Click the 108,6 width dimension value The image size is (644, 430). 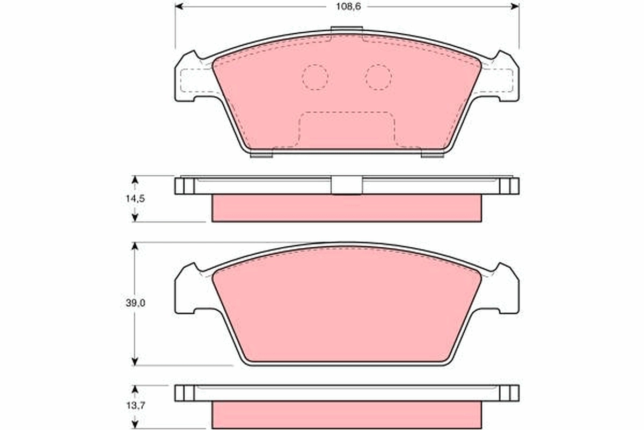coord(348,6)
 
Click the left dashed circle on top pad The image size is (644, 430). coord(315,77)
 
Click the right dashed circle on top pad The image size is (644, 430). coord(379,77)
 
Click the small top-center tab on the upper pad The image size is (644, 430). coord(347,32)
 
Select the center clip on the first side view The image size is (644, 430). coord(347,185)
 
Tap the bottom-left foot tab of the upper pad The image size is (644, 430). coord(262,155)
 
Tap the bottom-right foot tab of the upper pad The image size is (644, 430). coord(432,155)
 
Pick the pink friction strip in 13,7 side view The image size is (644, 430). coord(347,415)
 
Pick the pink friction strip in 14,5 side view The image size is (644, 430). coord(347,209)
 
